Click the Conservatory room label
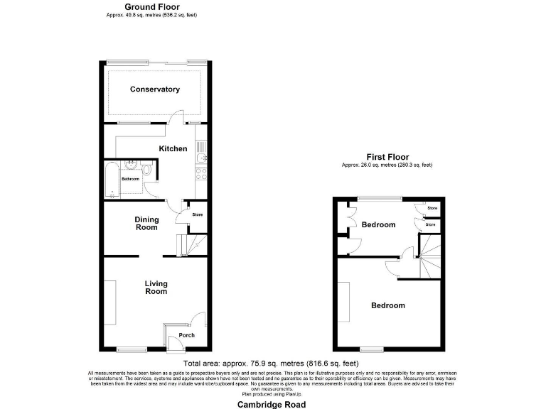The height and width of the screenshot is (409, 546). tap(154, 89)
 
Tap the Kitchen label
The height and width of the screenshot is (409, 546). tap(173, 148)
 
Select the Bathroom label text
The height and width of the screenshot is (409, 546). tap(130, 179)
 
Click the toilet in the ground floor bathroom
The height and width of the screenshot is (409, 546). tap(146, 170)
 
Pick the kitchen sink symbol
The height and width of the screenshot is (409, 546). tap(201, 150)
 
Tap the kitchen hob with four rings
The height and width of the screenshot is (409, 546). tap(201, 172)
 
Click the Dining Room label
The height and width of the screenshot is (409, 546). tap(146, 224)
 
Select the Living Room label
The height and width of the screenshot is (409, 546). tap(156, 287)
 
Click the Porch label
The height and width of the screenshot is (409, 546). tap(186, 335)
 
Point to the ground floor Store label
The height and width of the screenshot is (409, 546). tap(198, 213)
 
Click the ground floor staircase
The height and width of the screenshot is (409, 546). tap(191, 245)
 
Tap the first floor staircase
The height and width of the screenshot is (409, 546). tap(429, 258)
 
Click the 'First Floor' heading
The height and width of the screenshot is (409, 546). tap(387, 156)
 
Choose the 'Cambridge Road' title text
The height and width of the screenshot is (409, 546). tap(272, 404)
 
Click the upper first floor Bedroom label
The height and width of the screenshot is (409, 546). tap(378, 225)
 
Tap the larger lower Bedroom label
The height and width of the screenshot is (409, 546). tap(388, 305)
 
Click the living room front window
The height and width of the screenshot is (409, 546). tap(130, 349)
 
